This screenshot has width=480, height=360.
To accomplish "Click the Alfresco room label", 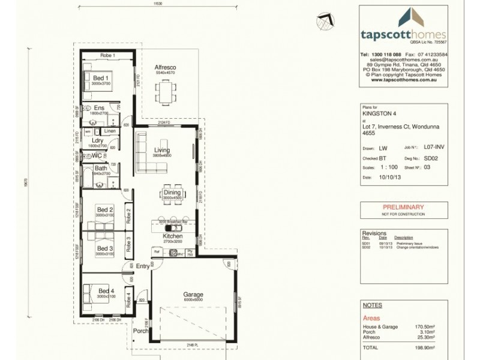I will [x=164, y=67].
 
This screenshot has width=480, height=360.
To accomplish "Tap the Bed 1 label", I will [x=100, y=78].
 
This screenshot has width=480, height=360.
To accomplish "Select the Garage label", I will [x=193, y=295].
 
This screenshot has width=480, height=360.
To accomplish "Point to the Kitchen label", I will [x=172, y=236].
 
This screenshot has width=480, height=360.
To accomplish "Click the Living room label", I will [x=162, y=150].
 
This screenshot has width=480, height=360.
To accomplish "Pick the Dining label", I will [x=172, y=193].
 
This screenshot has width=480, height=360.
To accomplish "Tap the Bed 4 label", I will [x=105, y=292].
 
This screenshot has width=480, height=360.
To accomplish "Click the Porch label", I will [x=140, y=330].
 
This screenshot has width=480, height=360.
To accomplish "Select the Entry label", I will [x=143, y=266].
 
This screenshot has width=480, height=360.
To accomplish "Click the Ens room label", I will [x=99, y=108].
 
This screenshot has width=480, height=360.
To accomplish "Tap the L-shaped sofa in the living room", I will [x=144, y=153].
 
